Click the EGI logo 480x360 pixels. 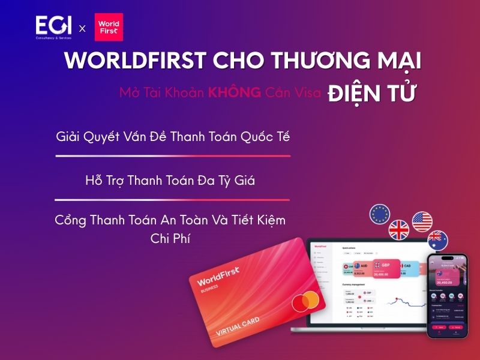tap(54, 28)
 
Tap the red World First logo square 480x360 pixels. tap(109, 27)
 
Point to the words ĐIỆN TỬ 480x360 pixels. tap(372, 94)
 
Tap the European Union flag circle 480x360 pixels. tap(380, 214)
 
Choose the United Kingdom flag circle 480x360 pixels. tap(399, 230)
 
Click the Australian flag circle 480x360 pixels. tap(437, 241)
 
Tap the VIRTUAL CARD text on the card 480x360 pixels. tap(239, 328)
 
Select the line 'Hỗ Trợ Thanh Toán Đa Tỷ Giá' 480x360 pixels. tap(170, 180)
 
